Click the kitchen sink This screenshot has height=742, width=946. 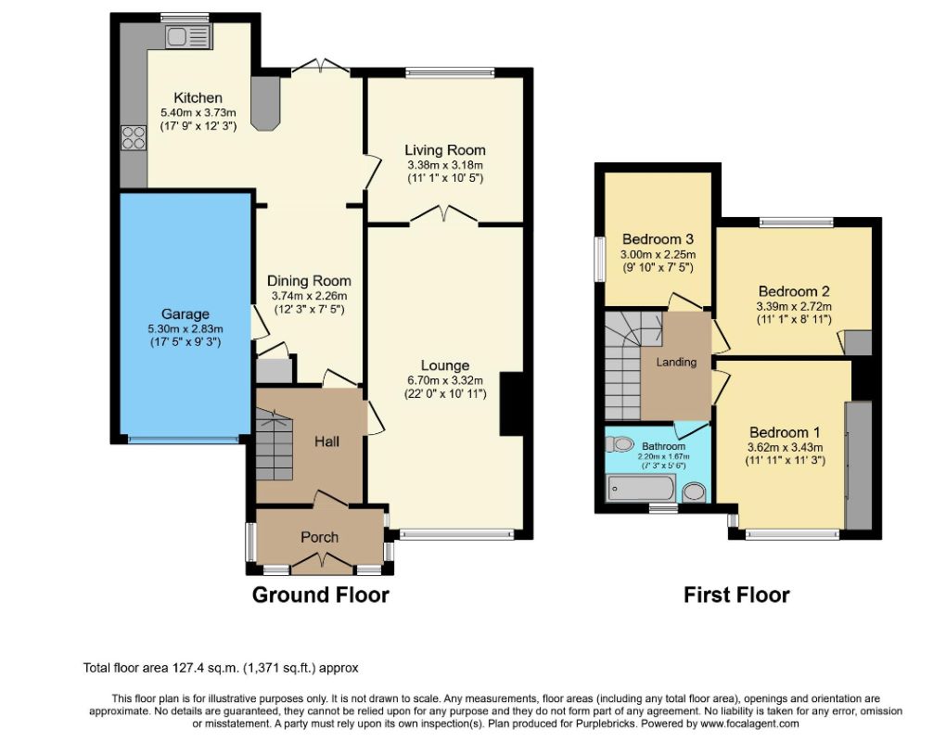point(187,37)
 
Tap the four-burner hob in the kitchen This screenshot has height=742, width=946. point(134,137)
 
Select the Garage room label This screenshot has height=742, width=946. point(185,313)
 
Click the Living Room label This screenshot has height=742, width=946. point(445,150)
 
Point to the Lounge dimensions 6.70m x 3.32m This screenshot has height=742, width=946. point(445,380)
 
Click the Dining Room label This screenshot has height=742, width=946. point(309,280)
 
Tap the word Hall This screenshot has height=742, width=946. point(326,441)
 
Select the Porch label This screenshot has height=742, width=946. point(320,538)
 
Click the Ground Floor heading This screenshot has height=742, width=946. point(320,595)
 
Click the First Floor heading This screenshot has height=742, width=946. point(736,595)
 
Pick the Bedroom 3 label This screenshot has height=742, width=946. point(658,239)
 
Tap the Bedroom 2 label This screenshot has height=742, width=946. point(794,291)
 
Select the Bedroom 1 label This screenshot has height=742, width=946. point(785,432)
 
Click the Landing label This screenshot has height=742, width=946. point(676,362)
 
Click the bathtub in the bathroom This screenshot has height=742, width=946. point(641,488)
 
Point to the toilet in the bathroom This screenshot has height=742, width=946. point(619,444)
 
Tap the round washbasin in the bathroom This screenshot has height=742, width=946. point(695,493)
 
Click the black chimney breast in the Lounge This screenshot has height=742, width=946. point(511,403)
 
